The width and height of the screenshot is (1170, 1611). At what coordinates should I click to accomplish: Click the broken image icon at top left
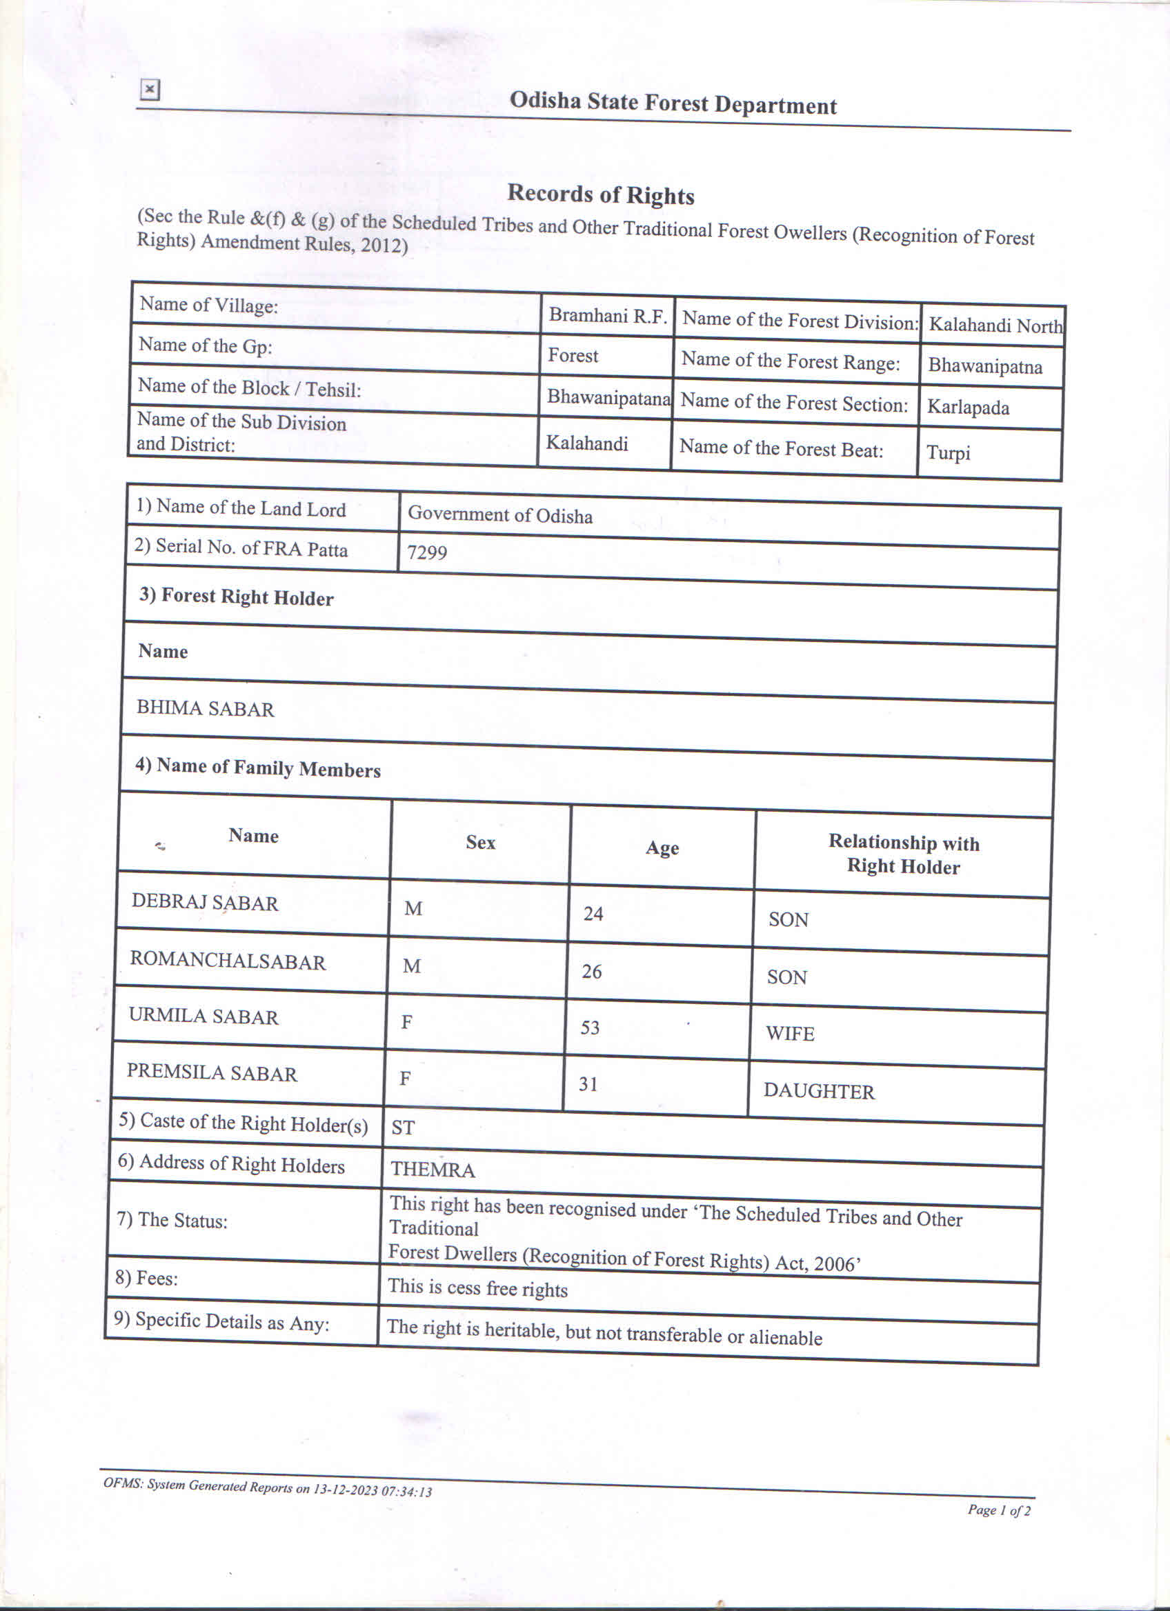149,90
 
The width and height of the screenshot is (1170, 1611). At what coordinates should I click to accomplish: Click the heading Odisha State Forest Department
673,103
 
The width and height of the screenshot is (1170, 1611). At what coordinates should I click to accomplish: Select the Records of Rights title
600,194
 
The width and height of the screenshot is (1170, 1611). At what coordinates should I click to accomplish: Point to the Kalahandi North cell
995,326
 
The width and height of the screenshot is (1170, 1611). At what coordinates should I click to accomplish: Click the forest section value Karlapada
968,408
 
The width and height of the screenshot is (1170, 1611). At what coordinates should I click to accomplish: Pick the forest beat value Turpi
948,452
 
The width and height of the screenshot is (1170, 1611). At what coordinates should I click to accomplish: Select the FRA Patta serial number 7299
427,552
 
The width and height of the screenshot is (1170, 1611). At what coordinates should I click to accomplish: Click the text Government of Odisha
500,515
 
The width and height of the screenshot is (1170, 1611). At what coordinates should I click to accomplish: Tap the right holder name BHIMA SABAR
206,709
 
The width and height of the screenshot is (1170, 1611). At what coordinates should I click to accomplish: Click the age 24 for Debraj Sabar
593,914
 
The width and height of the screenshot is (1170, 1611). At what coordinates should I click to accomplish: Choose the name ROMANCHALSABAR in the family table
228,961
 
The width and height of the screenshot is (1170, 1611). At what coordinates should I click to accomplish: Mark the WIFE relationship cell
790,1034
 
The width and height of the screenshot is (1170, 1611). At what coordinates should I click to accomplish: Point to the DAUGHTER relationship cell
819,1091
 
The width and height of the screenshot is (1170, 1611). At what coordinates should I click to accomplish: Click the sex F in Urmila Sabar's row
407,1022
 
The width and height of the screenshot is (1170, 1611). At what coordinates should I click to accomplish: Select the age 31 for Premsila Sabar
588,1084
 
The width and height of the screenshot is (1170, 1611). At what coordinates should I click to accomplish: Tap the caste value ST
403,1128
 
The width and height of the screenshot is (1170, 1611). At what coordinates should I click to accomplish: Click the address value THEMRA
433,1169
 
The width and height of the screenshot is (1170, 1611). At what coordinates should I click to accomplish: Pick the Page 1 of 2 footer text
998,1510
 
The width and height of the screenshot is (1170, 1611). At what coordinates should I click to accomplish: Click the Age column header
662,848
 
